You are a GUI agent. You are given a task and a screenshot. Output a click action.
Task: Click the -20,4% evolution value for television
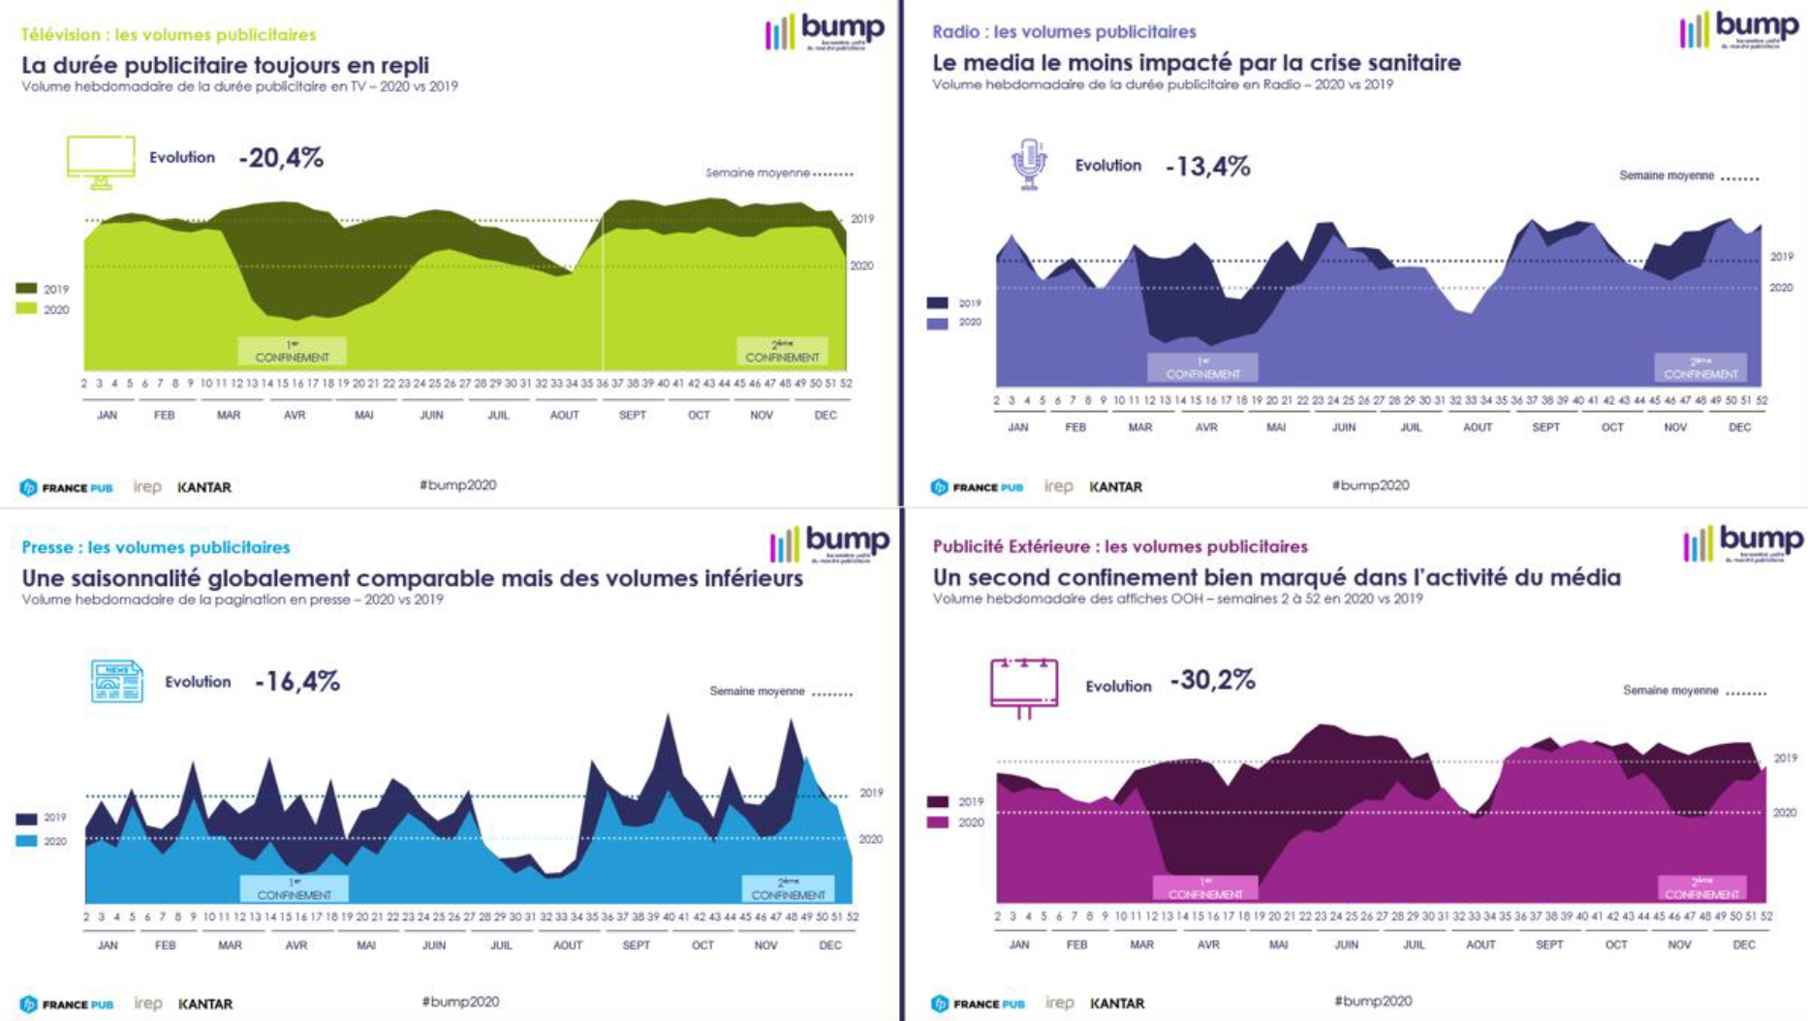tap(281, 157)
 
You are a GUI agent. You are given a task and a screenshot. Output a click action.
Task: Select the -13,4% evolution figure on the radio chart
tap(1207, 167)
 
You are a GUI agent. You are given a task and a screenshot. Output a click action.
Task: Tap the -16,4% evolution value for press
tap(297, 682)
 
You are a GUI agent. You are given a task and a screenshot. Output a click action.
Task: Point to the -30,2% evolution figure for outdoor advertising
tap(1212, 680)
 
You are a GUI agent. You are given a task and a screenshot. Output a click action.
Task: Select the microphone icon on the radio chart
tap(1029, 164)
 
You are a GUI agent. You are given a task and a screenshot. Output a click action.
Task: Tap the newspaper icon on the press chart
tap(116, 681)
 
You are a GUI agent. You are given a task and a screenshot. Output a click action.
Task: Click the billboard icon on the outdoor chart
tap(1024, 687)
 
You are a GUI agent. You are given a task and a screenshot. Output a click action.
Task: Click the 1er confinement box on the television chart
tap(292, 352)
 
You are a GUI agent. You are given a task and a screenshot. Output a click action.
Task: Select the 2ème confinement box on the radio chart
tap(1700, 368)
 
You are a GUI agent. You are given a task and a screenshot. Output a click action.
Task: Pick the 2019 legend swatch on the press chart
tap(26, 819)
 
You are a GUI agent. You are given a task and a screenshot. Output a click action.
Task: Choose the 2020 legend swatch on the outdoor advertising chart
tap(938, 822)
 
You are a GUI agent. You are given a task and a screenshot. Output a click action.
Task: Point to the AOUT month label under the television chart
tap(564, 415)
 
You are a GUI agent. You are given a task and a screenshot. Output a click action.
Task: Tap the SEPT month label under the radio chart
tap(1545, 427)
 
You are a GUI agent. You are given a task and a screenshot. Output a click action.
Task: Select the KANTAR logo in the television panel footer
tap(204, 487)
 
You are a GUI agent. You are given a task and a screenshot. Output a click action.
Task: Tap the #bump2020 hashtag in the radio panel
tap(1370, 485)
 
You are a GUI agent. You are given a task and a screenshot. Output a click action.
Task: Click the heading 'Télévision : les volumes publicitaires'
tap(169, 35)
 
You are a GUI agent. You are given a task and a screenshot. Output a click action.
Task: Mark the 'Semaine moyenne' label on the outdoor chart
tap(1670, 691)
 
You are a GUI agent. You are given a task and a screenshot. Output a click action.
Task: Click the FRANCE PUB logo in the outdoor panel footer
tap(979, 1004)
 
